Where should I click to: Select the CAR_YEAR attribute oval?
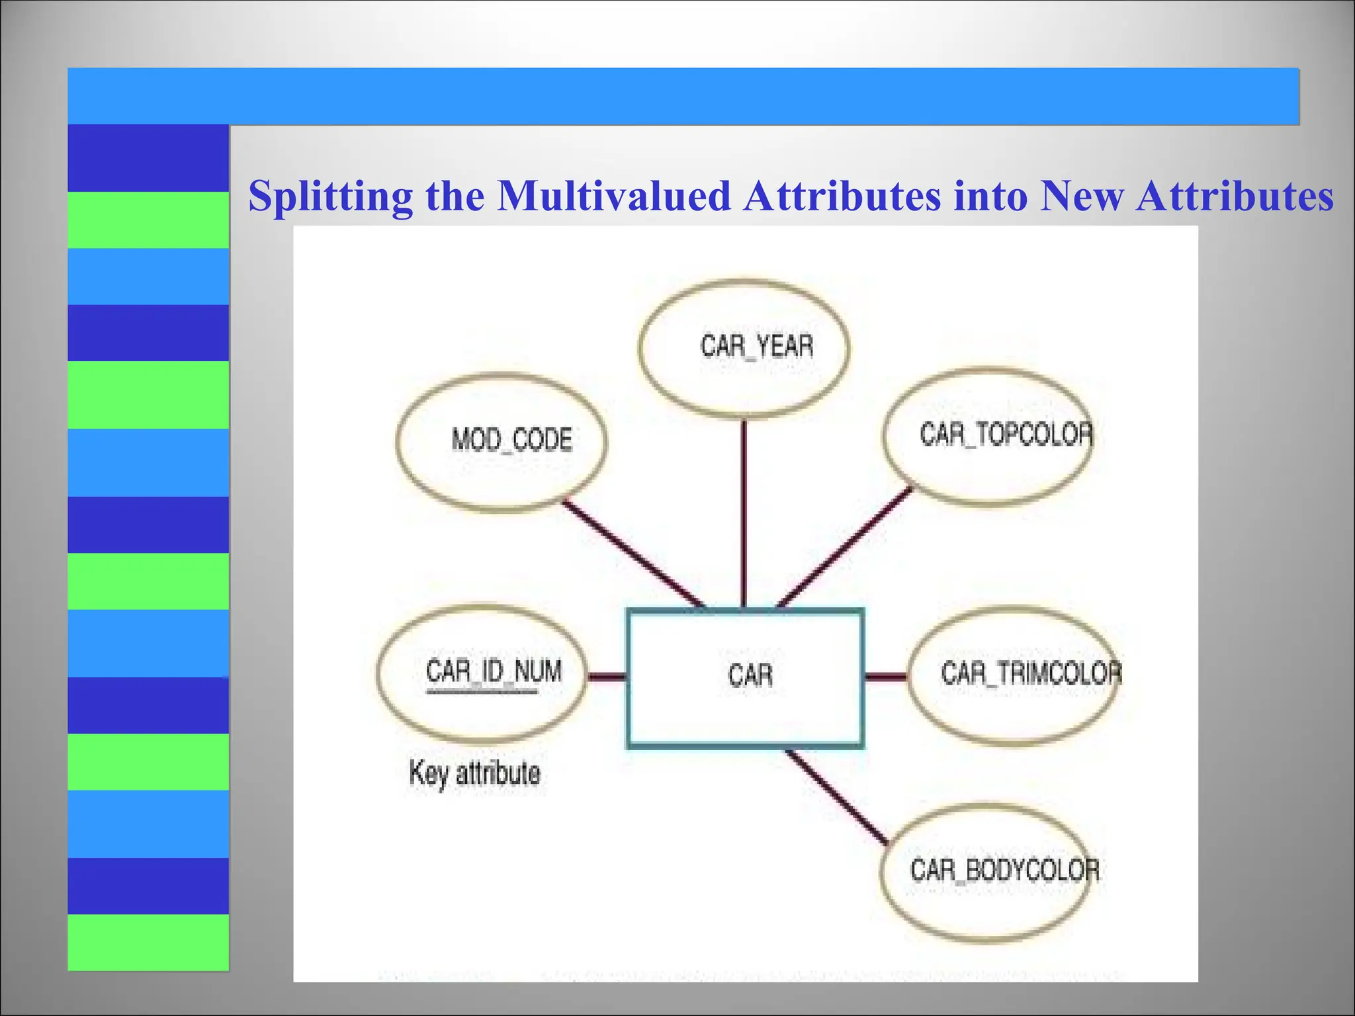[745, 349]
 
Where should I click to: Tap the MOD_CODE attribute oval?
[502, 442]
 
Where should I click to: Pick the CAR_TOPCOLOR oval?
[987, 437]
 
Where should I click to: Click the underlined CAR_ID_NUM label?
[494, 672]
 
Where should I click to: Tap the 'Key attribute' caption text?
[474, 773]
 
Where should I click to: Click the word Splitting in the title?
[330, 196]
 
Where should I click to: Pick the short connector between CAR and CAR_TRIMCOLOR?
[885, 676]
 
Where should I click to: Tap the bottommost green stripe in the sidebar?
[148, 942]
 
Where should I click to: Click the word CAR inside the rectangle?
[750, 675]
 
